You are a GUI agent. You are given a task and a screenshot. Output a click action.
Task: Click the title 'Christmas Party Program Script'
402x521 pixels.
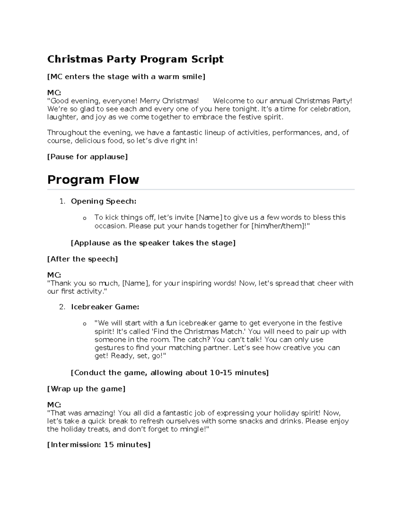point(135,59)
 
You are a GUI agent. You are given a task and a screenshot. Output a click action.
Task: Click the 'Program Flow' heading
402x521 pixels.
point(93,180)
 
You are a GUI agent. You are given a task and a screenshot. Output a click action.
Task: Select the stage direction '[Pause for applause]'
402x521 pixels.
point(87,157)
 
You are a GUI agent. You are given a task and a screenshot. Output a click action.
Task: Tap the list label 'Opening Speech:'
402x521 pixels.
point(104,201)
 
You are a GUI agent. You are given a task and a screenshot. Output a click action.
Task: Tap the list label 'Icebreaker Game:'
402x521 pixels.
point(105,307)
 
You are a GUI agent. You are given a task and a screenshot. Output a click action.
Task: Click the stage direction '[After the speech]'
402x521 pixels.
point(82,259)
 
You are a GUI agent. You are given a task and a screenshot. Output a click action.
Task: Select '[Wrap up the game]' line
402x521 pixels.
point(86,389)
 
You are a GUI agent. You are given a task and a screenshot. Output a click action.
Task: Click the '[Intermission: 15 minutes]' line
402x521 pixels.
point(99,445)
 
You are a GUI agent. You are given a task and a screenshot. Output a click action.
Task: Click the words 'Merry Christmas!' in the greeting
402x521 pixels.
point(169,101)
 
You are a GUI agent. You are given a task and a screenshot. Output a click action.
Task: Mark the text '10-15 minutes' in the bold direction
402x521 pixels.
point(238,373)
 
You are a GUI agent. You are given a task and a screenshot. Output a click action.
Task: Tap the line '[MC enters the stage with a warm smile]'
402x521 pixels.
point(126,77)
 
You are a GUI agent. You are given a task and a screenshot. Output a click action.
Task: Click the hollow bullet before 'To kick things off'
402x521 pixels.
point(84,218)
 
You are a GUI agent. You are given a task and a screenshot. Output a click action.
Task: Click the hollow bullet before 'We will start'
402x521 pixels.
point(84,324)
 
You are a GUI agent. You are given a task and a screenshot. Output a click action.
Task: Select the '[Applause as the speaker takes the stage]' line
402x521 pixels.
point(153,243)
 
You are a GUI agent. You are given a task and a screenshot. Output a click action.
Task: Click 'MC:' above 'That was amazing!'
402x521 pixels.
point(54,405)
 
